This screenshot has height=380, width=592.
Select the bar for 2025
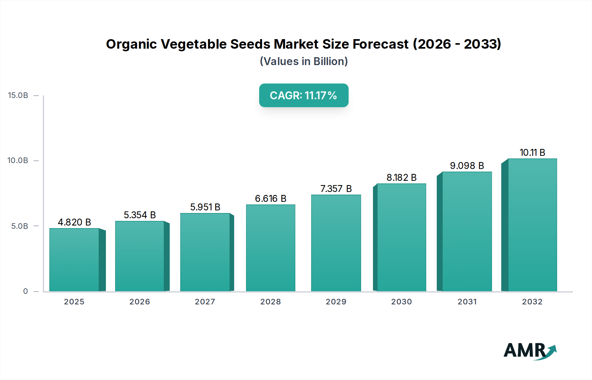click(74, 260)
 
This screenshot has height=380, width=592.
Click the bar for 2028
click(271, 248)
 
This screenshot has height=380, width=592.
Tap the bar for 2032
click(532, 225)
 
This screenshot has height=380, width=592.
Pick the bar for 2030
click(401, 237)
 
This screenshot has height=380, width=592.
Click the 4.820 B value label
click(74, 222)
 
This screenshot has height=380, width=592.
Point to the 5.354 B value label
click(140, 215)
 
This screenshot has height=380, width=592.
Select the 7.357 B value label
click(336, 189)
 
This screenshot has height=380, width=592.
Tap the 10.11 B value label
click(532, 153)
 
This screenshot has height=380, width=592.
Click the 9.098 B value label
click(467, 166)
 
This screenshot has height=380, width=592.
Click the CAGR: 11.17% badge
click(304, 95)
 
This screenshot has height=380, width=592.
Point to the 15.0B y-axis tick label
click(18, 95)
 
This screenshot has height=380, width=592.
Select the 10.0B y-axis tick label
click(18, 160)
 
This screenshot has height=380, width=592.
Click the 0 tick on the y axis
click(25, 291)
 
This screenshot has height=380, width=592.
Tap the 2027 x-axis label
click(205, 302)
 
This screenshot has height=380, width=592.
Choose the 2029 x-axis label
click(336, 302)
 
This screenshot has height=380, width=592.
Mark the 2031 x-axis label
click(467, 302)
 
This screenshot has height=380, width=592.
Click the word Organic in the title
click(131, 44)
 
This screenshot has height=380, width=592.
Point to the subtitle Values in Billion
click(304, 61)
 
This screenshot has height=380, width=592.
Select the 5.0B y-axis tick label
click(20, 226)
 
